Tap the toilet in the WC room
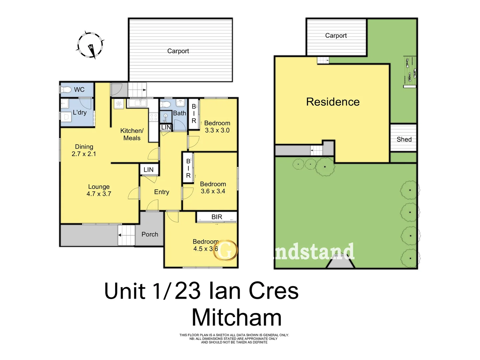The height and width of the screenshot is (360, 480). point(66,89)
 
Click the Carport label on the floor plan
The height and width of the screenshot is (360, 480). point(178,51)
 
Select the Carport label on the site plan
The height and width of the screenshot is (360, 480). point(336,36)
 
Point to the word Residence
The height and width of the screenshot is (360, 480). point(333,102)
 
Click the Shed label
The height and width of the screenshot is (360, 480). point(404,139)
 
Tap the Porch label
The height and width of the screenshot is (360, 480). point(150,234)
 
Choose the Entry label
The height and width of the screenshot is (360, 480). point(162,192)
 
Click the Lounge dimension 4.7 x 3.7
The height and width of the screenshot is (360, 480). point(99,194)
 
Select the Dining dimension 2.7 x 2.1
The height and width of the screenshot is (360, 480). point(84,154)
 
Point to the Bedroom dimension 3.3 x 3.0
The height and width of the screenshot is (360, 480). point(217,130)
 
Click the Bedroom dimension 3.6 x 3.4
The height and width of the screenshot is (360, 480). point(213,191)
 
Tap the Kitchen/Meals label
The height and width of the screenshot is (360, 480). point(132,134)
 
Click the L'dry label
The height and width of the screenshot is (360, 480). point(80,112)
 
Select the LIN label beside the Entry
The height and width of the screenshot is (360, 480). point(148,170)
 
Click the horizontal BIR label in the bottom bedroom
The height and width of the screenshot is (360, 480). point(217,217)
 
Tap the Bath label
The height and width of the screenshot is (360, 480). point(179,113)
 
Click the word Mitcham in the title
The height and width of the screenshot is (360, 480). point(237,318)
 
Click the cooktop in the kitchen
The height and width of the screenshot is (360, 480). point(154,117)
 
